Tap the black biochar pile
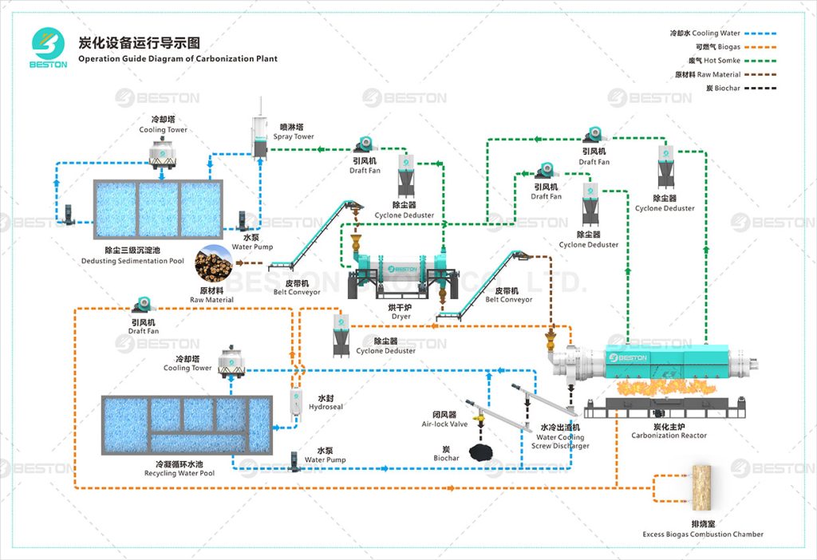coord(480,452)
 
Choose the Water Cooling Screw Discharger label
coord(560,441)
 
